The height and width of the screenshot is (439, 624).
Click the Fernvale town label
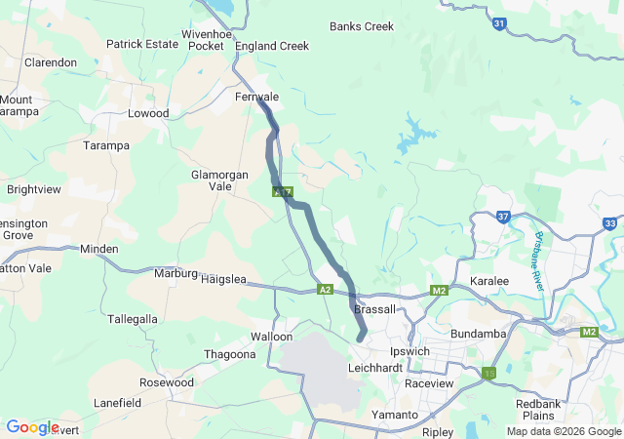(x=257, y=98)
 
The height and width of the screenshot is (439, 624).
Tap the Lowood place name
(x=148, y=113)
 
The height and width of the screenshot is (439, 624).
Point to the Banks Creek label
(x=362, y=26)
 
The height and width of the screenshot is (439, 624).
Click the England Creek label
(x=272, y=46)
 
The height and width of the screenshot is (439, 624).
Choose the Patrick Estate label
(x=142, y=44)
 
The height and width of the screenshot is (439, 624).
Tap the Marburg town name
(x=175, y=273)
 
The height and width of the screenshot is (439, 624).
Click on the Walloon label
(x=271, y=337)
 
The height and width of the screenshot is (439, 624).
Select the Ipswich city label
(x=409, y=351)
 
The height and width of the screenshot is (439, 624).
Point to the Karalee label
(x=489, y=281)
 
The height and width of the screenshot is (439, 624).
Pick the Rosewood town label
(x=167, y=382)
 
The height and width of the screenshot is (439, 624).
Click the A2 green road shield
(x=326, y=290)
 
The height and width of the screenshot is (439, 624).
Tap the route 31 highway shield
(x=499, y=24)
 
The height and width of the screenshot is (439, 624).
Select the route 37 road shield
(x=503, y=217)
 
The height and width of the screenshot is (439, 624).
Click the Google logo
(x=32, y=427)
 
